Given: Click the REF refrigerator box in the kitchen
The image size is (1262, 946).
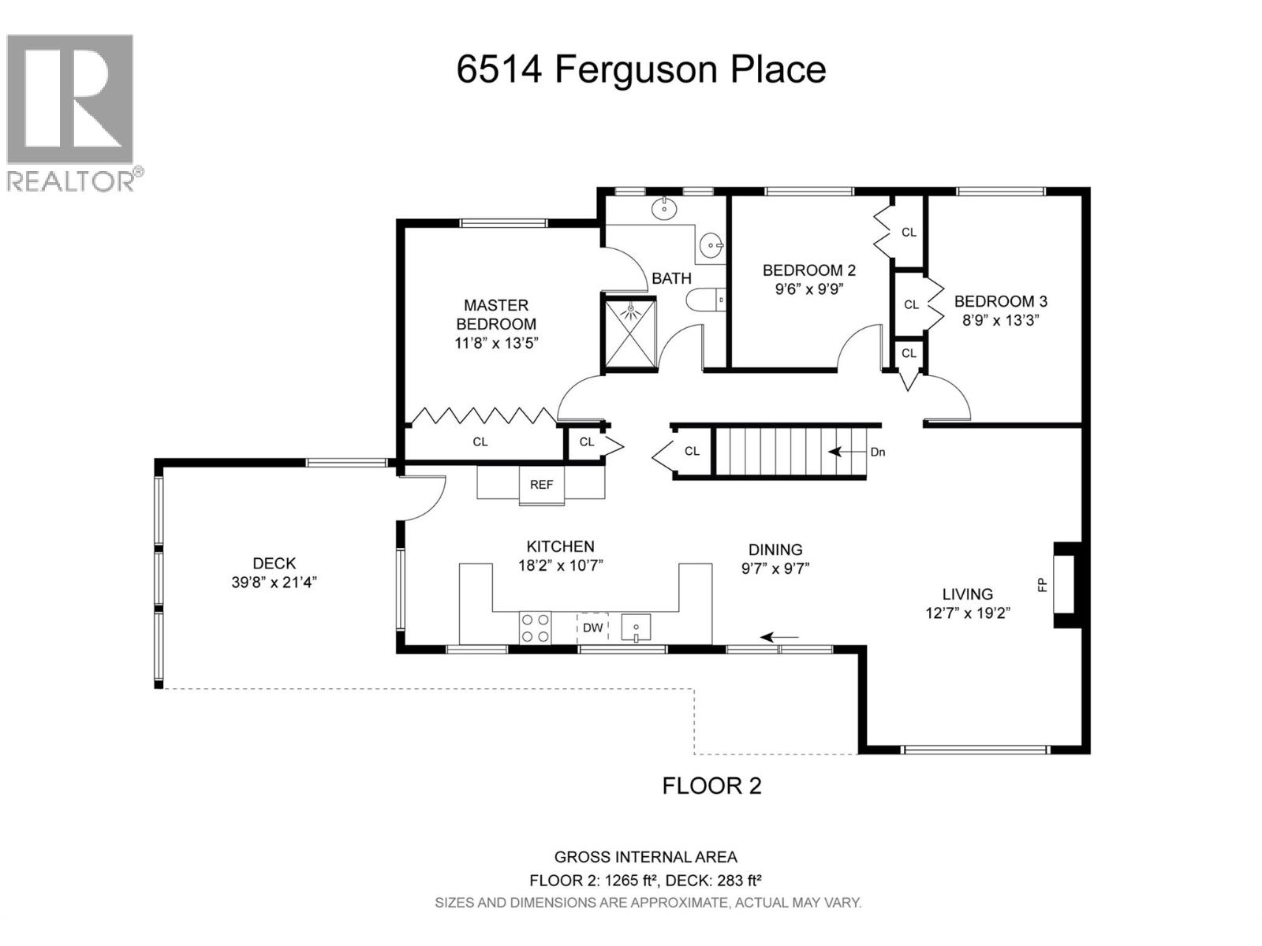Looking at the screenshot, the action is pos(541,486).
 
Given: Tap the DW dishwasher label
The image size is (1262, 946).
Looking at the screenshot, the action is pos(592,628).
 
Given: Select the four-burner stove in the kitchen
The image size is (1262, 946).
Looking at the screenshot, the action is pos(535,628).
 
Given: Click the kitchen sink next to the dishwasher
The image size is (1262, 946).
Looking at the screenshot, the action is pos(636,628).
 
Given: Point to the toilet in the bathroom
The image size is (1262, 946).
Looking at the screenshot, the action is pos(705,300).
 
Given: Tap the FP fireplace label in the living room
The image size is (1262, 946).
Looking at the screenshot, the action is pos(1042,585).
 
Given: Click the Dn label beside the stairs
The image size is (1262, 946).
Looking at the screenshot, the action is pos(877,452).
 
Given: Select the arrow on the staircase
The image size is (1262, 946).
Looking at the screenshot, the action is pos(846,452).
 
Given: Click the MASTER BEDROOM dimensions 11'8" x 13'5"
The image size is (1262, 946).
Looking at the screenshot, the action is pos(495,344).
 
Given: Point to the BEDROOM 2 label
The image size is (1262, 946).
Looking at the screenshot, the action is pos(809,270).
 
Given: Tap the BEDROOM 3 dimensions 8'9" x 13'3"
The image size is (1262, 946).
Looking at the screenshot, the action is pos(1000,320).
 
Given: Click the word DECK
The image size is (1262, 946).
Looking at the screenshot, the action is pos(274,563).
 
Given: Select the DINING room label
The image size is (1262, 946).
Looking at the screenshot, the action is pos(775,549).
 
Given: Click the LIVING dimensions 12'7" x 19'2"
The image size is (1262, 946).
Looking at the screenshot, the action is pos(968,613).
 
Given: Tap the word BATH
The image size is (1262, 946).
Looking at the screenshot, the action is pos(671,278).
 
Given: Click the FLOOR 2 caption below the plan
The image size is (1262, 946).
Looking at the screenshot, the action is pos(711,785).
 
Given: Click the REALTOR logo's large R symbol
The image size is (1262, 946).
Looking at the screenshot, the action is pos(69,99).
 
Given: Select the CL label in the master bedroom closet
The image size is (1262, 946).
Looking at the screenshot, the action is pos(480,441).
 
